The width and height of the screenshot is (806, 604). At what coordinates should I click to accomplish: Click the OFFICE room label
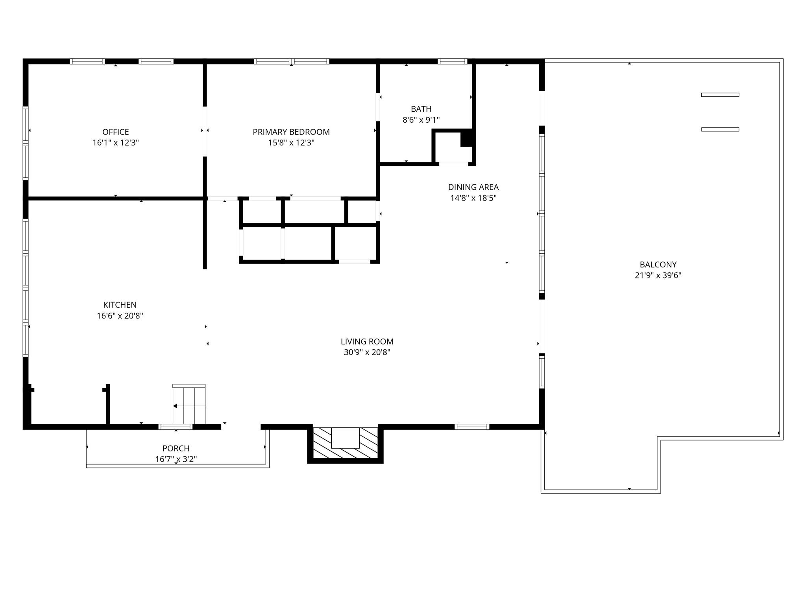click(x=115, y=132)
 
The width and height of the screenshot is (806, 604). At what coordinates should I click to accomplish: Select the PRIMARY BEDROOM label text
click(x=291, y=132)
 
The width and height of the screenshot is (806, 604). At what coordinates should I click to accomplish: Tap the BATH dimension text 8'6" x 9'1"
click(x=421, y=120)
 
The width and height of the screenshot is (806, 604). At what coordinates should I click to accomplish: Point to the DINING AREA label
click(x=473, y=187)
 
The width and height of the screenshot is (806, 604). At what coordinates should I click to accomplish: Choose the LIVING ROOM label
click(x=367, y=342)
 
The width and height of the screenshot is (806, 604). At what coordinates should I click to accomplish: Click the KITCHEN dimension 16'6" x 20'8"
click(x=120, y=316)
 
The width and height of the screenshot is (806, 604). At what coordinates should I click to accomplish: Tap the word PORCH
click(x=176, y=448)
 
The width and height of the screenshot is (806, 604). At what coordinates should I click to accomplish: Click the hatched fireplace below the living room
click(x=345, y=444)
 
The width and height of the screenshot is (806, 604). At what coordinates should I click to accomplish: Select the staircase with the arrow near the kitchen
click(x=189, y=404)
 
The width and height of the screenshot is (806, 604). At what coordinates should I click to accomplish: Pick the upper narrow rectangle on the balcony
click(x=720, y=95)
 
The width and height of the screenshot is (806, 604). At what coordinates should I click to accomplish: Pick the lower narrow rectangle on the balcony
click(x=720, y=129)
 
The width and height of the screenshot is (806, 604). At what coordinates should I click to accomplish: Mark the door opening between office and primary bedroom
click(x=205, y=131)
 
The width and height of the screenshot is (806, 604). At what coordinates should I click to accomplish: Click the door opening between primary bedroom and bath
click(x=378, y=107)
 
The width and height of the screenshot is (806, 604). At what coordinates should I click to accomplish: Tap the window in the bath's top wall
click(x=452, y=61)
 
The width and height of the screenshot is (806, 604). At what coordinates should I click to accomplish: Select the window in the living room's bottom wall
click(x=471, y=427)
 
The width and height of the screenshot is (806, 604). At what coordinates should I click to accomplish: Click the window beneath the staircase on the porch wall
click(x=176, y=427)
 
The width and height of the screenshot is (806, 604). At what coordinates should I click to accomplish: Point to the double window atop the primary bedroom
click(x=291, y=61)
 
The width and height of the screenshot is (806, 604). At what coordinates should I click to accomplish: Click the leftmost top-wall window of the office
click(x=87, y=61)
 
